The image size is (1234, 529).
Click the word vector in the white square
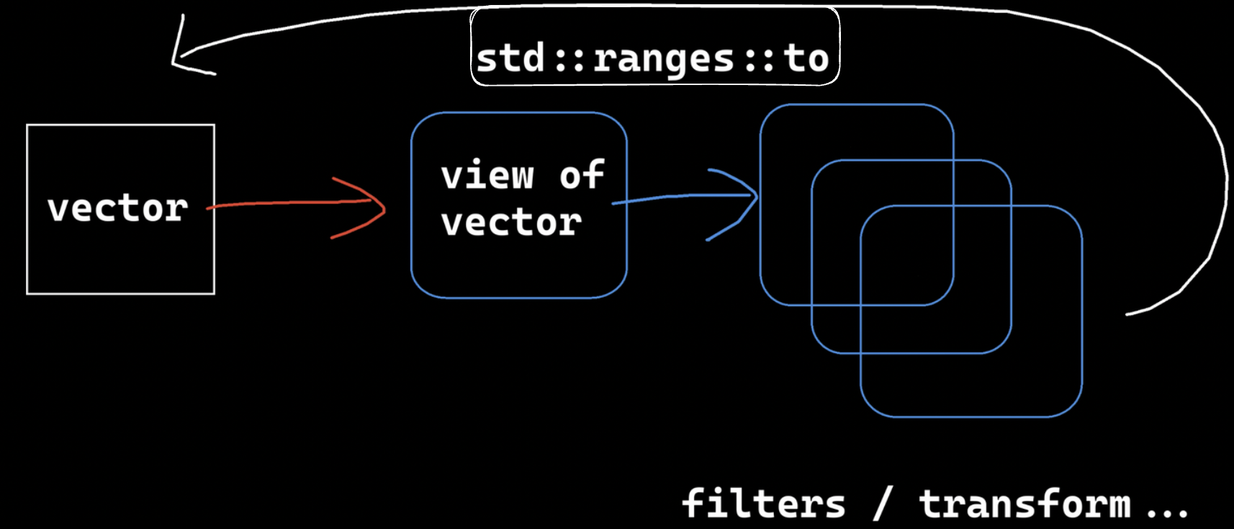[118, 209]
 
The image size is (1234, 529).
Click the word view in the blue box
[487, 176]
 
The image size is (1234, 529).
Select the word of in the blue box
[582, 176]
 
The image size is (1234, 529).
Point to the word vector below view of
[511, 223]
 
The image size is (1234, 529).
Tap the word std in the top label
[510, 58]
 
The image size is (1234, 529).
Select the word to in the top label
[806, 58]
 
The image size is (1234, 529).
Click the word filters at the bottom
[764, 503]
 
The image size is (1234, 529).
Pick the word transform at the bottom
[1024, 503]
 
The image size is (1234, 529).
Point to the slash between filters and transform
[883, 503]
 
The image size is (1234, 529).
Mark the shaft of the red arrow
[288, 204]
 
